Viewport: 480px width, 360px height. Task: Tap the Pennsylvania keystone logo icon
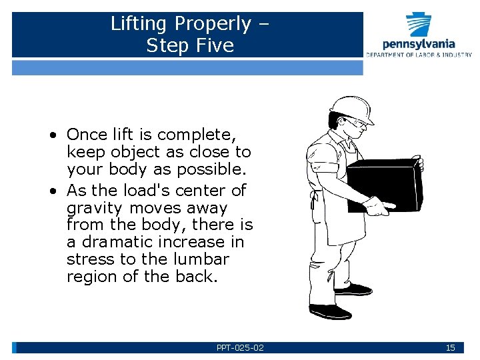tap(419, 23)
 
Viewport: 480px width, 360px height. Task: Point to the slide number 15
tap(450, 347)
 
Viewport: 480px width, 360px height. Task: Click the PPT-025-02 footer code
tap(240, 347)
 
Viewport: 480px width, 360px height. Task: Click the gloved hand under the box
tap(377, 207)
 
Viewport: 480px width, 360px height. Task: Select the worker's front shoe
tap(329, 311)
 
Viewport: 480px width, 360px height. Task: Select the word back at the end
tap(199, 277)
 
